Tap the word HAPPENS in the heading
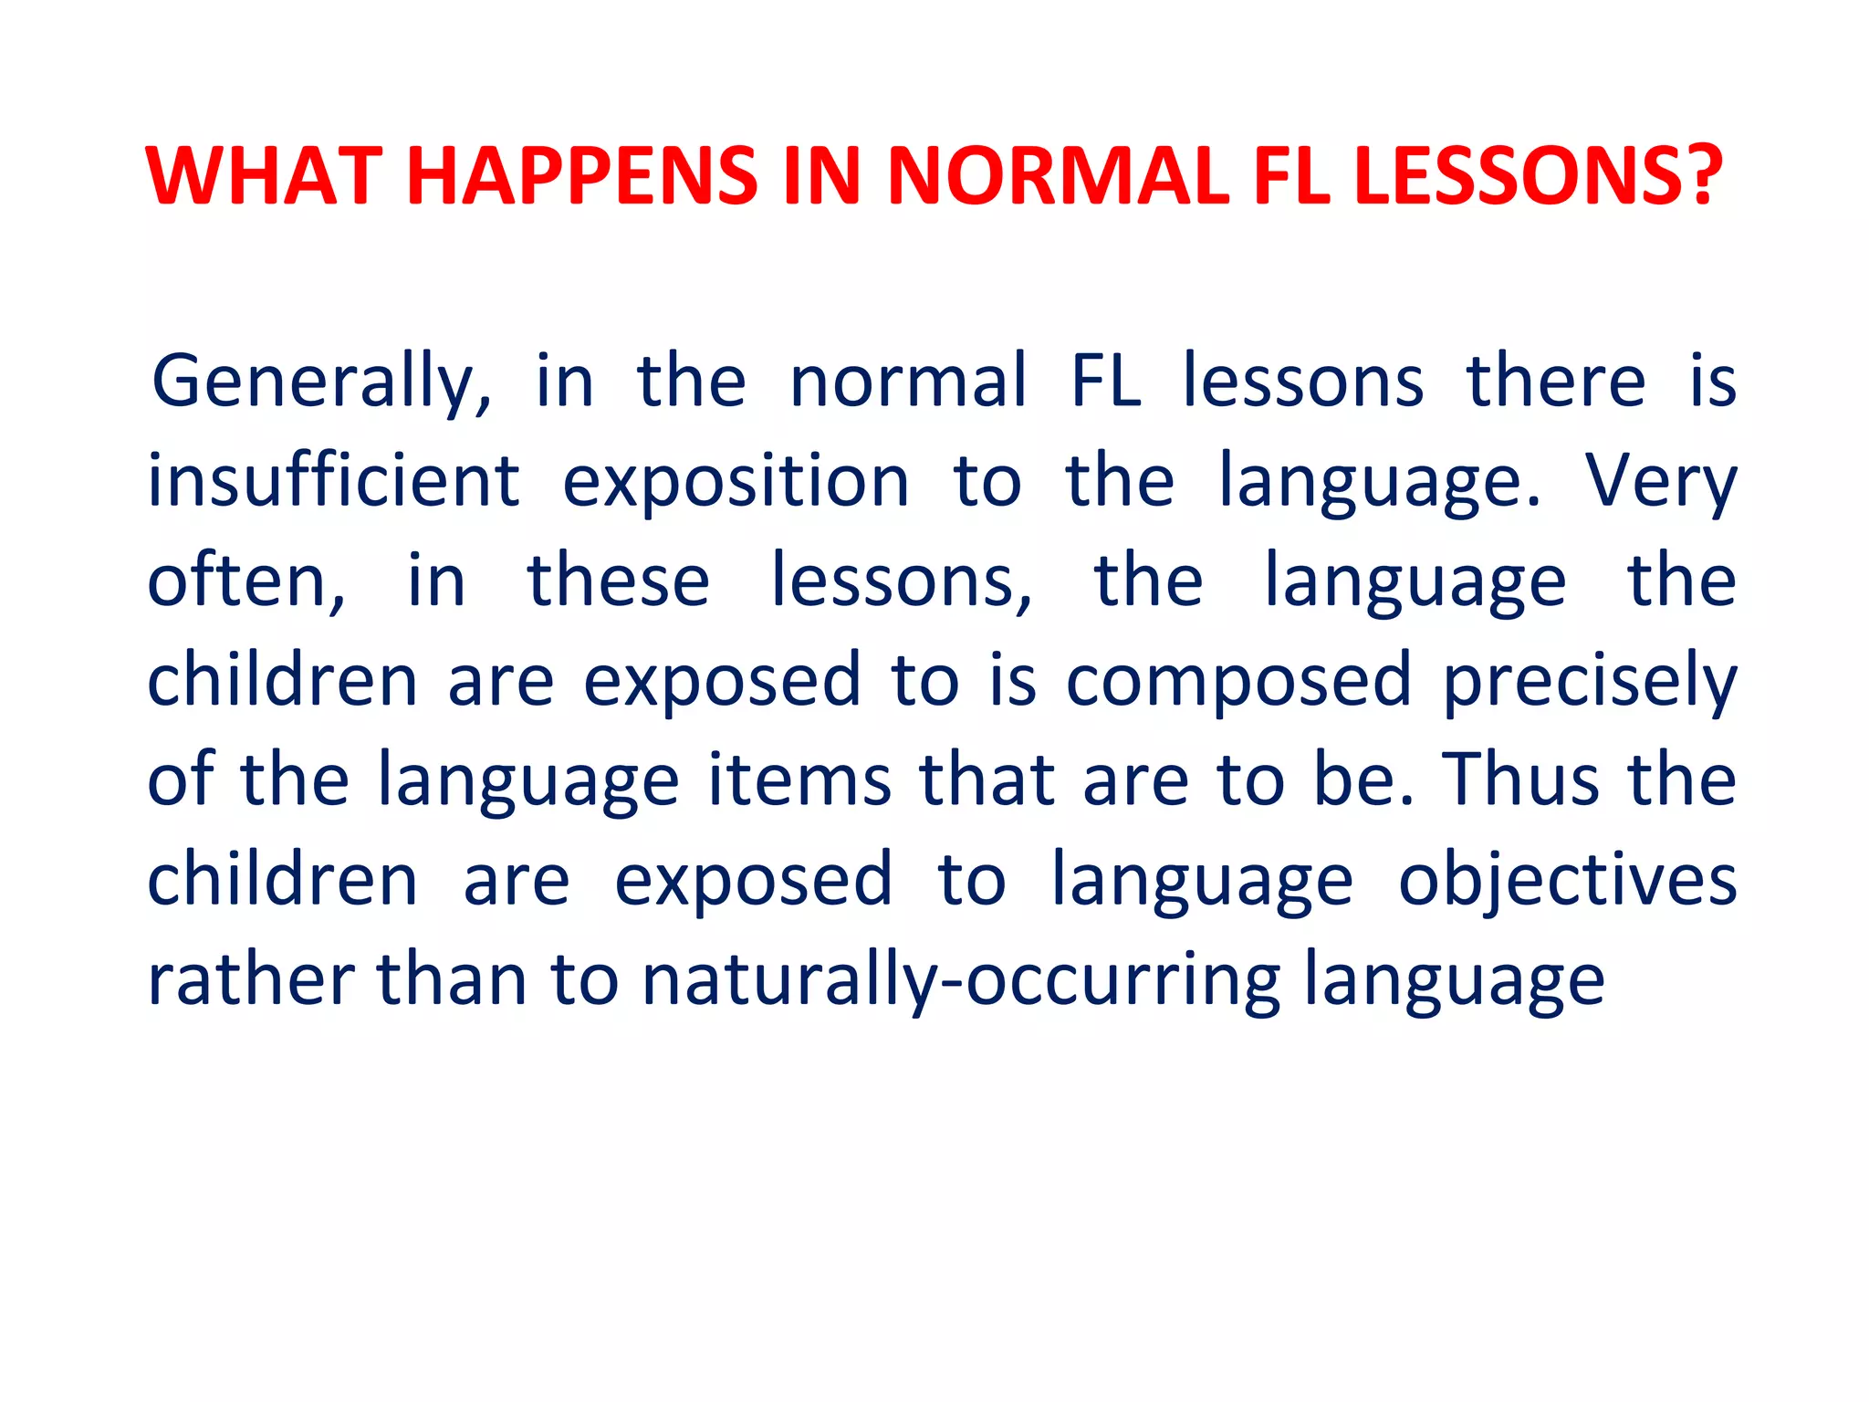click(x=582, y=175)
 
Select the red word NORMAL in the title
click(x=1058, y=175)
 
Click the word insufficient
click(x=334, y=481)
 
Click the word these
click(x=618, y=582)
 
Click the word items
click(x=799, y=780)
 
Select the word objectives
click(x=1567, y=882)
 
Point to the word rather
click(x=251, y=980)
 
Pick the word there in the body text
click(x=1556, y=382)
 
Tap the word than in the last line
click(x=453, y=980)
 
